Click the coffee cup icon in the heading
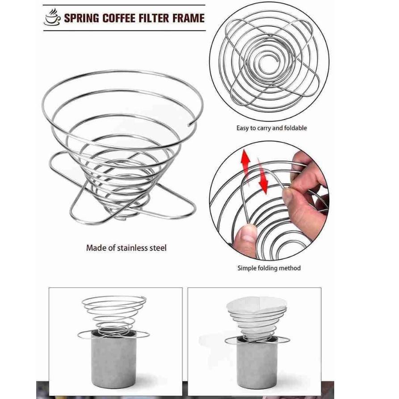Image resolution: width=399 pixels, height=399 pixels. (x=53, y=17)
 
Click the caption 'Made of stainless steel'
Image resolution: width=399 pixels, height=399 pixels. (x=126, y=248)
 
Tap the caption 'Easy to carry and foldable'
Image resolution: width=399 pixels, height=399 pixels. (x=272, y=128)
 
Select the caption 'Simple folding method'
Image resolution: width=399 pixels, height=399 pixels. (x=269, y=268)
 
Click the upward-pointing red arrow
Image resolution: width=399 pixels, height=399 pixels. (x=246, y=163)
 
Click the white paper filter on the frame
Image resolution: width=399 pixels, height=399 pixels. (x=256, y=306)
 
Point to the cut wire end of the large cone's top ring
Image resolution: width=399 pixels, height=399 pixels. (x=189, y=125)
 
